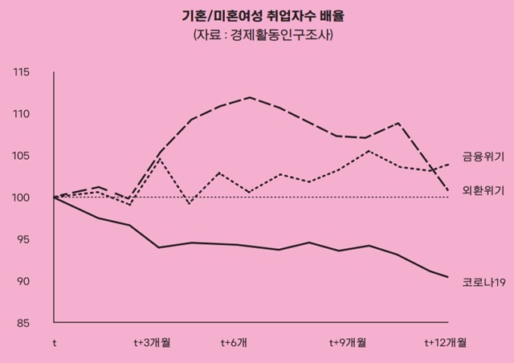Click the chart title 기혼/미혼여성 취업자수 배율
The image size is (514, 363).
point(257,16)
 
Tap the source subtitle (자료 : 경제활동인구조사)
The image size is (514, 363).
point(257,36)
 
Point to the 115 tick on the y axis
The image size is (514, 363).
point(21,73)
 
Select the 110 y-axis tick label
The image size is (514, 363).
point(21,115)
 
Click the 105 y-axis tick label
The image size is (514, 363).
point(21,157)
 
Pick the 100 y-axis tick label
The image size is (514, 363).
point(21,198)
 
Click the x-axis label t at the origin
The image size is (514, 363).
point(55,343)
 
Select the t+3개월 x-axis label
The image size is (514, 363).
point(152,343)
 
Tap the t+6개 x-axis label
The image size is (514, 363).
point(234,343)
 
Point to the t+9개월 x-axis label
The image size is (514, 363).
point(347,343)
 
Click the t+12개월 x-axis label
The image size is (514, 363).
point(446,343)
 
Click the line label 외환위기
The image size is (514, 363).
point(483,190)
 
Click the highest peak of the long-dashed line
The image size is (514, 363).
point(251,97)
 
